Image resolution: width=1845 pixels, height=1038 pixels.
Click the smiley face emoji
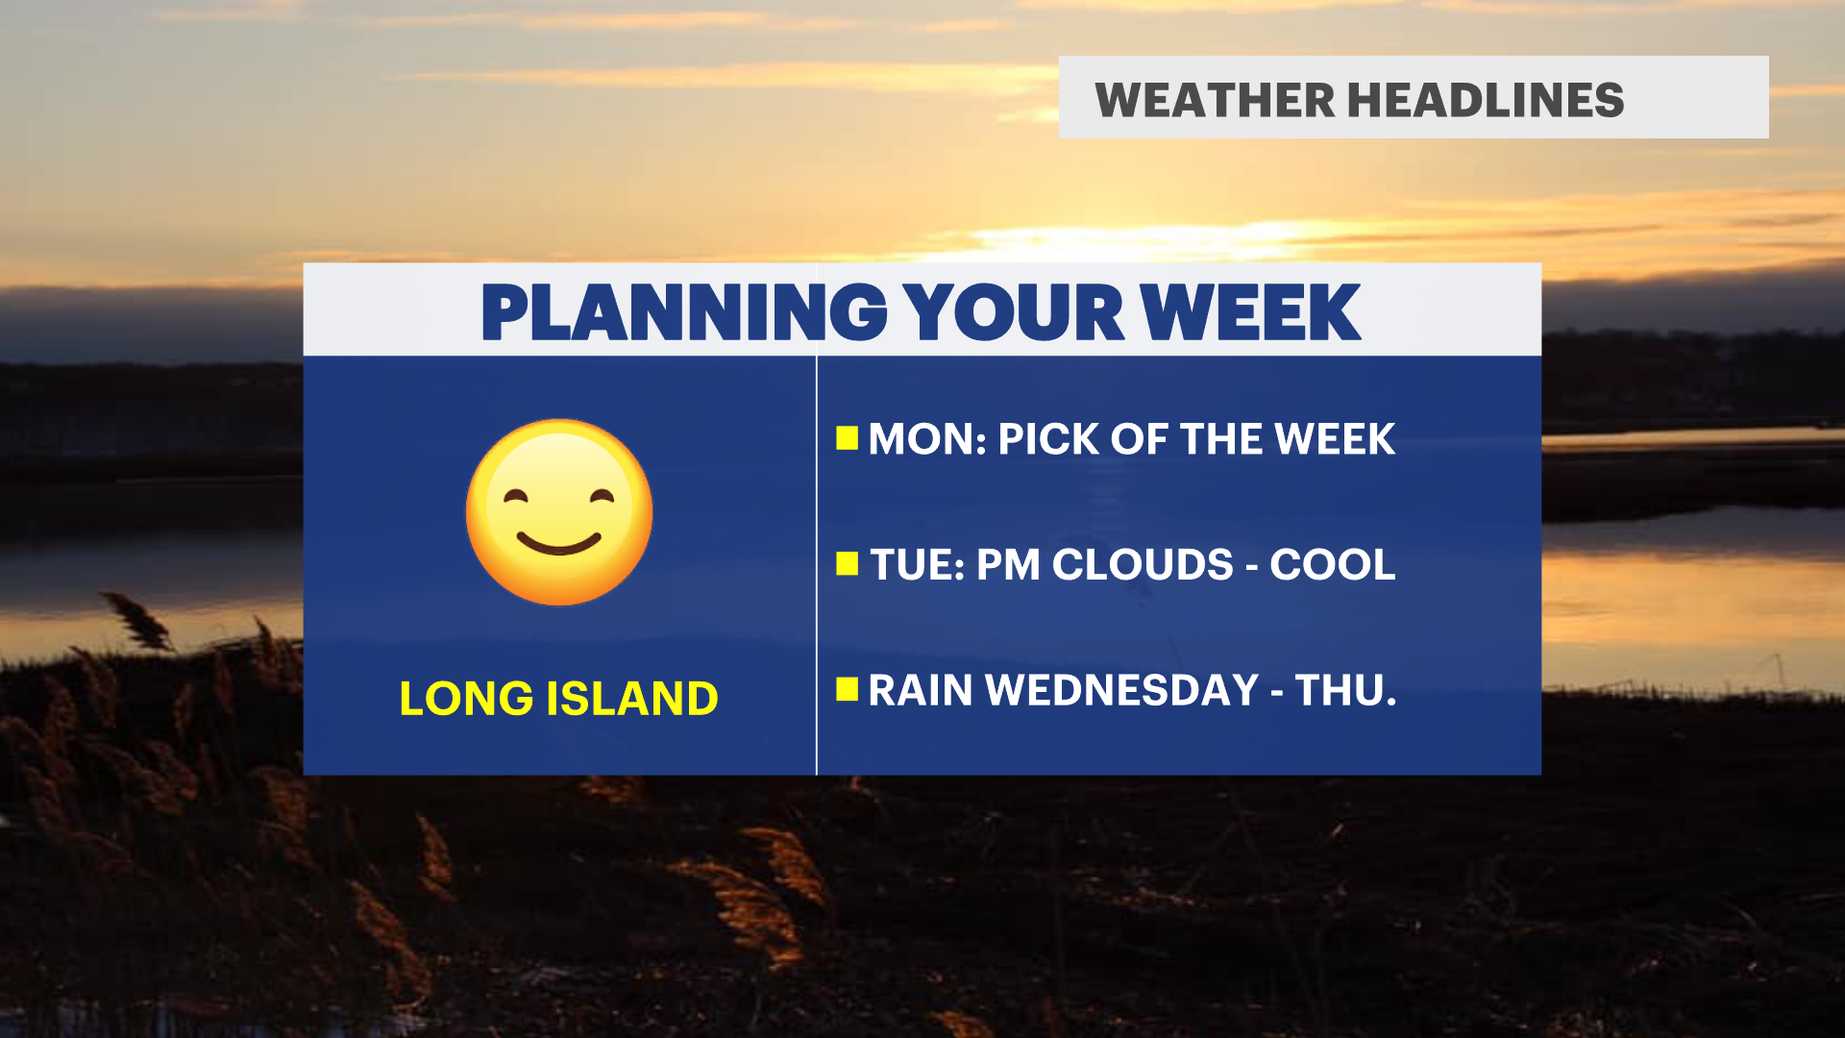[x=559, y=512]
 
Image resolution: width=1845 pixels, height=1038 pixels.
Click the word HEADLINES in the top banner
[x=1486, y=101]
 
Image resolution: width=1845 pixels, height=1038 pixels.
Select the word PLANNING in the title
[x=684, y=312]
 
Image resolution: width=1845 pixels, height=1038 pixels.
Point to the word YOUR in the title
[x=1014, y=312]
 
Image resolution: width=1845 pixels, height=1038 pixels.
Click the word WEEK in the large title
[x=1250, y=312]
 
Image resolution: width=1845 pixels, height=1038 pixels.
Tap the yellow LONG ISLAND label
[x=558, y=699]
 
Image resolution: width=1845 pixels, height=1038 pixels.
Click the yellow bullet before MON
[x=847, y=438]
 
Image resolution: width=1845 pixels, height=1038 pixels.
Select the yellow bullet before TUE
[x=847, y=564]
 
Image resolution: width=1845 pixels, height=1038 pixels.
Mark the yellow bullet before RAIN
[x=847, y=689]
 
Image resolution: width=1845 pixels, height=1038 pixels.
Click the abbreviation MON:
[x=927, y=439]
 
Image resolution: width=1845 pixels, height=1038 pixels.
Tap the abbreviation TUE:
[x=918, y=564]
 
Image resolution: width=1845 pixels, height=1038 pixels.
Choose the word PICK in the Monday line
[x=1048, y=439]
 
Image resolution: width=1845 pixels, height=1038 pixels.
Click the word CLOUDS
[x=1143, y=564]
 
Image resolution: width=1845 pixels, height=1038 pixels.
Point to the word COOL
[x=1333, y=564]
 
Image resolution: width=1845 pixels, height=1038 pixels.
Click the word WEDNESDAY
[x=1122, y=690]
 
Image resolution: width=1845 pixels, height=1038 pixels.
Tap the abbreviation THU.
[x=1345, y=690]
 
